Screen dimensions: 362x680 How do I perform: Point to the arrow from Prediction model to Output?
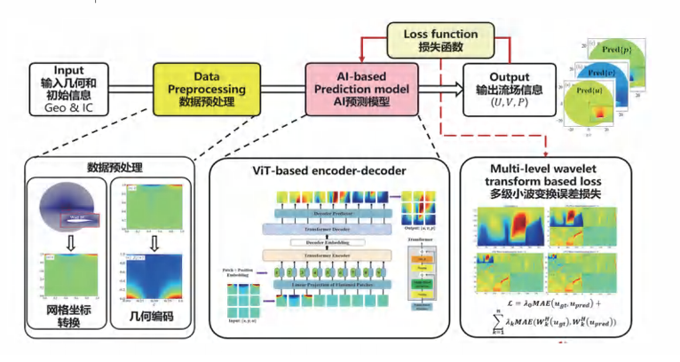(x=436, y=88)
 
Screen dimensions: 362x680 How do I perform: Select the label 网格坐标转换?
(x=67, y=320)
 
